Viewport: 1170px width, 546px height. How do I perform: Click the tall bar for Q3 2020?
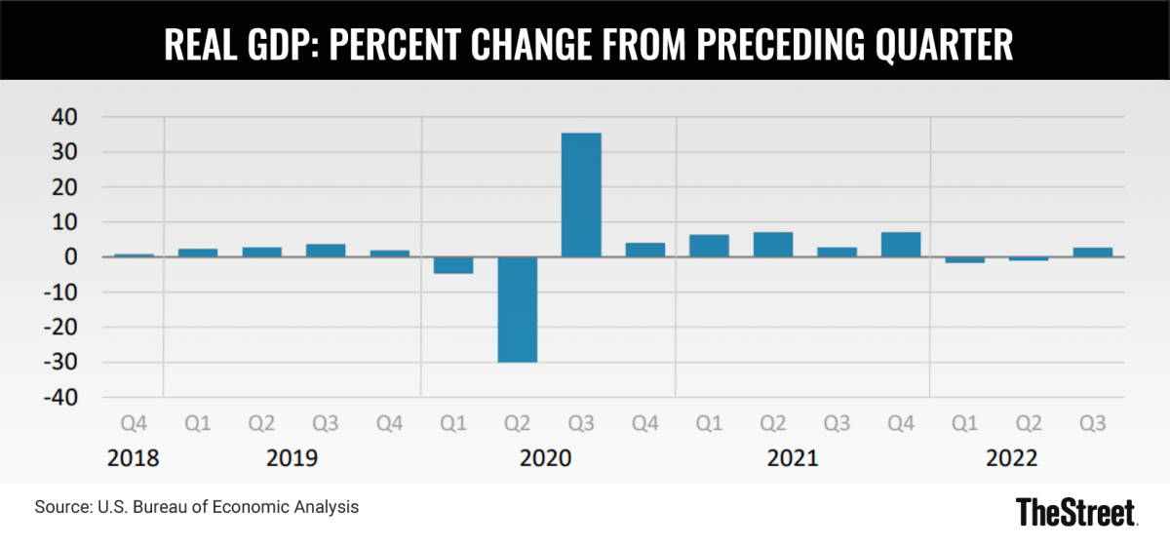click(581, 195)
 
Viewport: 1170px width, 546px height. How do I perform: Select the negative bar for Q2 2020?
click(517, 309)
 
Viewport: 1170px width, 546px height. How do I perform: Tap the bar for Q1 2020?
click(453, 265)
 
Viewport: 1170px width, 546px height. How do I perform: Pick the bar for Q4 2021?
click(901, 245)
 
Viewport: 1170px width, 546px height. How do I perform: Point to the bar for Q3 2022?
click(1093, 253)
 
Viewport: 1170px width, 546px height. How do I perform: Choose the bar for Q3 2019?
click(326, 251)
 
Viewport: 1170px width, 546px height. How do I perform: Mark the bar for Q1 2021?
click(709, 246)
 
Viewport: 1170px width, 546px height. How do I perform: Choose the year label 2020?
click(548, 458)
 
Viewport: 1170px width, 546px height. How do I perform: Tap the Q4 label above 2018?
click(134, 425)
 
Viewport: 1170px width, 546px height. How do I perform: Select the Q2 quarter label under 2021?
click(772, 425)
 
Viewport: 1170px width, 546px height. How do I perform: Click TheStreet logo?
click(1074, 511)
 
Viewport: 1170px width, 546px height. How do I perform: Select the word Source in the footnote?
click(59, 507)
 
